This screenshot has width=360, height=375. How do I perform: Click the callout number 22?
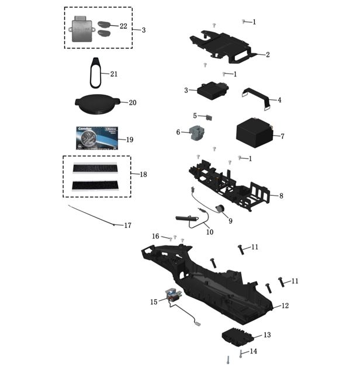click(x=123, y=26)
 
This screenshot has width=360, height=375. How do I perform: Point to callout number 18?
click(x=143, y=174)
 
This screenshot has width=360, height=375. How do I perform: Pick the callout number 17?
click(x=127, y=225)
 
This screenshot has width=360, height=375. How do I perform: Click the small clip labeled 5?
click(x=209, y=117)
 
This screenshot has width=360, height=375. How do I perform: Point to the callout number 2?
click(x=267, y=55)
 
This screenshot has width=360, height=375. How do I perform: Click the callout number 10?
click(x=210, y=232)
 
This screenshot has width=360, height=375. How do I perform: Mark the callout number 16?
click(x=155, y=236)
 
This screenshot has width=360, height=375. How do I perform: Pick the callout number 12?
click(x=285, y=305)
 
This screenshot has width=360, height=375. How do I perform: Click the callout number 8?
click(x=281, y=196)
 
